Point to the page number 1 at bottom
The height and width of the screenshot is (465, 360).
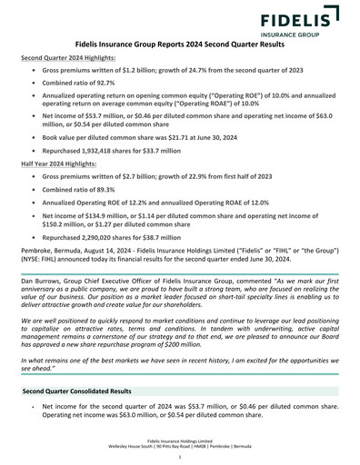180,457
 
